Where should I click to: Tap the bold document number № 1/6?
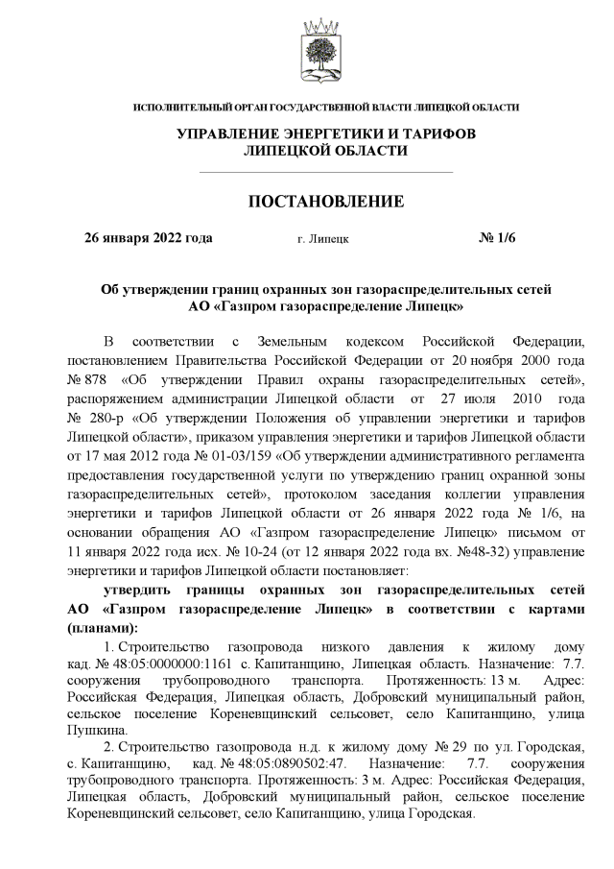(498, 237)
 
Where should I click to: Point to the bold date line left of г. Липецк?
(149, 237)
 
